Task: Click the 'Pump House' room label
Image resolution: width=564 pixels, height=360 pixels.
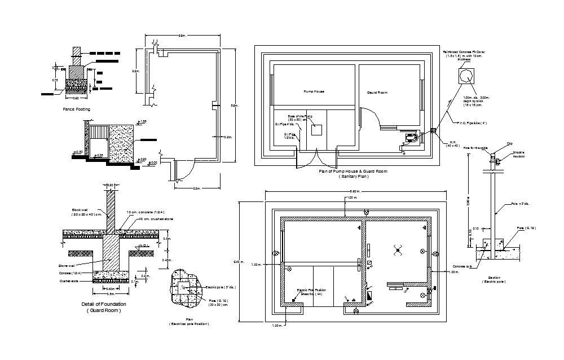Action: [x=314, y=91]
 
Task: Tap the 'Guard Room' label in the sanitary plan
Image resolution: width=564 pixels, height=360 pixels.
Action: [x=377, y=92]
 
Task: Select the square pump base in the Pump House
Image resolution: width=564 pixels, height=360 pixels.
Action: [x=316, y=130]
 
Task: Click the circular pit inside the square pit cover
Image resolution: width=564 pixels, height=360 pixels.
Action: [x=466, y=76]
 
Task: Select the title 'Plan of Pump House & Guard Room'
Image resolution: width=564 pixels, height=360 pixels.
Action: [x=353, y=171]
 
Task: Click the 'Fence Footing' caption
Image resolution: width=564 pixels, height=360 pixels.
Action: [x=76, y=109]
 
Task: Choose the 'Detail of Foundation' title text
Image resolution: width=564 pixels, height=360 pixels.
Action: [x=104, y=304]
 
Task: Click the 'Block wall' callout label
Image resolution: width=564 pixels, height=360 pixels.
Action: [x=79, y=209]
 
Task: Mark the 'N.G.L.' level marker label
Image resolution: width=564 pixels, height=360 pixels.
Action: [x=144, y=245]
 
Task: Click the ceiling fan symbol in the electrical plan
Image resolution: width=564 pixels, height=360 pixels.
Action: [x=399, y=250]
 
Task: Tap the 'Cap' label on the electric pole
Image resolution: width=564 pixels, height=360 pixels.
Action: [x=509, y=144]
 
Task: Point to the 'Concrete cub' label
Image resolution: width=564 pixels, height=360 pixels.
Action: [x=461, y=266]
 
